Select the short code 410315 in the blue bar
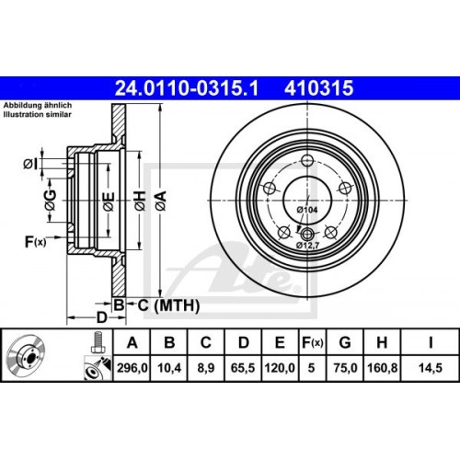pyautogui.click(x=320, y=89)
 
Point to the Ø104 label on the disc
pyautogui.click(x=306, y=211)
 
